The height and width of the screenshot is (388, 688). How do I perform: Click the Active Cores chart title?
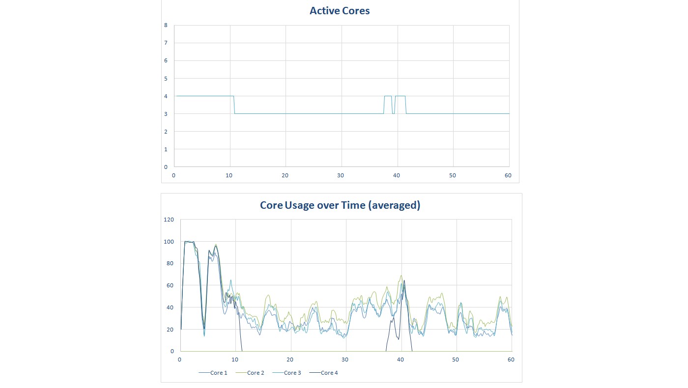(x=340, y=10)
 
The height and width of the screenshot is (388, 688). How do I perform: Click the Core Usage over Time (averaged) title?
(x=340, y=205)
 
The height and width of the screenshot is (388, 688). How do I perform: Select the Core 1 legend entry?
(x=213, y=373)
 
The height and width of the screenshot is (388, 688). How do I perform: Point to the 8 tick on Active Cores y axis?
(x=166, y=25)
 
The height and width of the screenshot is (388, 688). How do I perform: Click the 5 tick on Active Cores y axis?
(x=166, y=79)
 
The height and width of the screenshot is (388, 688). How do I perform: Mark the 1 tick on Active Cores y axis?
(x=166, y=149)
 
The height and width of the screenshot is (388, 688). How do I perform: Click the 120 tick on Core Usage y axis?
(x=169, y=220)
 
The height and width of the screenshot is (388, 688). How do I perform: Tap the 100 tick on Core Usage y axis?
(x=169, y=242)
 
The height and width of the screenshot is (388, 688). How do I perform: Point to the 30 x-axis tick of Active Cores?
(x=341, y=175)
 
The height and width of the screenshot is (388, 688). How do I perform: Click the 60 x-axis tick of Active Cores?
(x=508, y=175)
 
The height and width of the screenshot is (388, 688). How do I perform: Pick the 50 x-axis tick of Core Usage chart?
(x=456, y=360)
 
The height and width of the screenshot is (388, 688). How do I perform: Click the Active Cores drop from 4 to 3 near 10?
(x=234, y=105)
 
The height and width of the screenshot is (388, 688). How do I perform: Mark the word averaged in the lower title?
(x=394, y=205)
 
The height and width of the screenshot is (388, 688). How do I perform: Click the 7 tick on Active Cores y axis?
(x=166, y=43)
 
